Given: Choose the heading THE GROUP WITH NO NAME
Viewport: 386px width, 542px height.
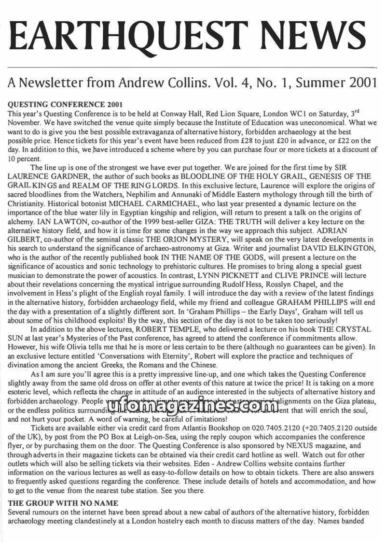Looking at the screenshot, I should click(63, 503).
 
